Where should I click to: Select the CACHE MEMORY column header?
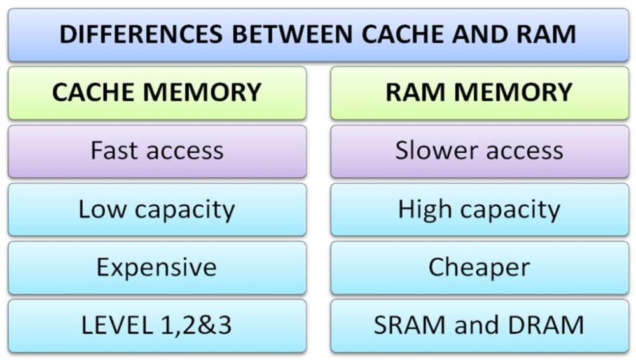click(x=156, y=93)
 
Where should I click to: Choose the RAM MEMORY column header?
click(x=479, y=93)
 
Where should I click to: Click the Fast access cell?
click(x=156, y=151)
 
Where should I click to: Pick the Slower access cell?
click(x=479, y=151)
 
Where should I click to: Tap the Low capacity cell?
click(x=156, y=209)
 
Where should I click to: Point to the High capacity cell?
click(x=479, y=209)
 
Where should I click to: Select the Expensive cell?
click(x=156, y=267)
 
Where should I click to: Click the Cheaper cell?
click(x=479, y=267)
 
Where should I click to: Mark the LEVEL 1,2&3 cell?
click(x=156, y=325)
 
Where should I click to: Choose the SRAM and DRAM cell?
click(x=479, y=325)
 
